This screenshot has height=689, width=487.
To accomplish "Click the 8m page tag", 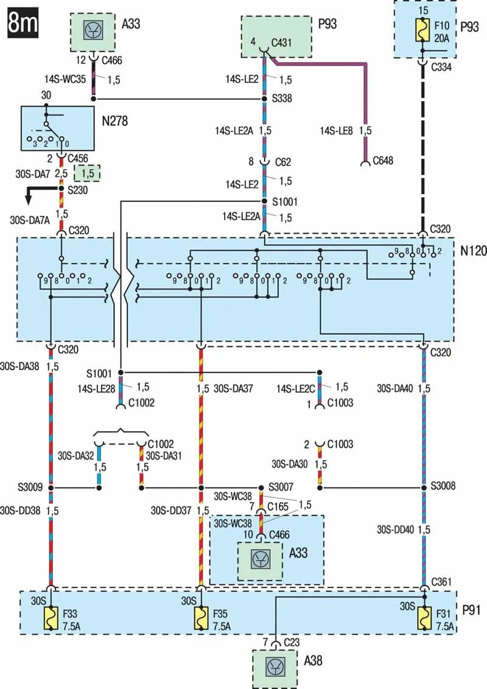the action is [x=23, y=23].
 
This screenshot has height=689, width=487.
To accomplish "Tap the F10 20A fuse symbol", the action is [x=423, y=30].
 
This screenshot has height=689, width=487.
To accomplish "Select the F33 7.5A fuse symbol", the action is [x=51, y=618].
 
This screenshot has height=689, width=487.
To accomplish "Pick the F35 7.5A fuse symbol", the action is [x=201, y=618].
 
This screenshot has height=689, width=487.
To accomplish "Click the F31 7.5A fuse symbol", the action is [x=424, y=618].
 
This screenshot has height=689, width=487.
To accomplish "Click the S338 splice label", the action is [x=282, y=99].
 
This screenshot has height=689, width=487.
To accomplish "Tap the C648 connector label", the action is [x=383, y=161].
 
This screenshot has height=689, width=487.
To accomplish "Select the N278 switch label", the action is [x=114, y=121].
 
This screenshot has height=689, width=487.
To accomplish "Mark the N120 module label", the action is [x=473, y=251].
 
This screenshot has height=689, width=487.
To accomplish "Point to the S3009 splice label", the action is [x=30, y=487].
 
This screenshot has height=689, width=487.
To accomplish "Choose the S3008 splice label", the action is [x=443, y=486].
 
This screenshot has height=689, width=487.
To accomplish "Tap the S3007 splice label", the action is [x=281, y=487].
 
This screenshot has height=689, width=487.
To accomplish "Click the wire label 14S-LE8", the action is [x=336, y=130].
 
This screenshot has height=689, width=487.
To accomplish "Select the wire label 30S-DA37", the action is [x=233, y=388].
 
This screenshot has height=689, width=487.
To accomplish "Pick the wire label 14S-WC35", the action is [x=65, y=80].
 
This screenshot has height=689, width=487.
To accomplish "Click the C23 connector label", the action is [x=292, y=642].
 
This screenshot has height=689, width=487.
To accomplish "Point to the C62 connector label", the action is [x=283, y=162].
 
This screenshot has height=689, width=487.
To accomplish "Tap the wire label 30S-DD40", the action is [x=395, y=530].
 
